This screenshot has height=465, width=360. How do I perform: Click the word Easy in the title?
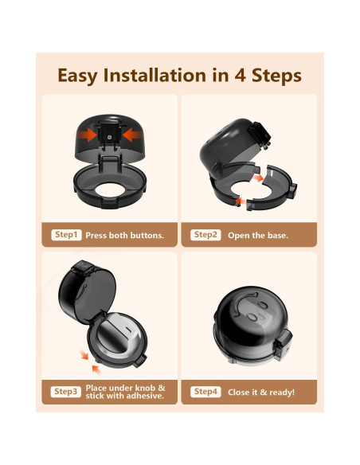pyautogui.click(x=77, y=76)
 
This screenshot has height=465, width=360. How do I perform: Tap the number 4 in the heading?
pyautogui.click(x=241, y=76)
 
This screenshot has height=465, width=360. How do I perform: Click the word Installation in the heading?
pyautogui.click(x=155, y=75)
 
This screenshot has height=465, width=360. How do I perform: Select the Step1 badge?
pyautogui.click(x=66, y=235)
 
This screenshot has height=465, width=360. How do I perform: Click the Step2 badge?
pyautogui.click(x=205, y=235)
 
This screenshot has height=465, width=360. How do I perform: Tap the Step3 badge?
pyautogui.click(x=66, y=392)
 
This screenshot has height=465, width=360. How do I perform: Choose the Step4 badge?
pyautogui.click(x=205, y=392)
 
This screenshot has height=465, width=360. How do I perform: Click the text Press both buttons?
pyautogui.click(x=124, y=235)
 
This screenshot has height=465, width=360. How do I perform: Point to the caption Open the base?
pyautogui.click(x=258, y=236)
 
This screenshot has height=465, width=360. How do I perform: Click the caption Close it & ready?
pyautogui.click(x=261, y=392)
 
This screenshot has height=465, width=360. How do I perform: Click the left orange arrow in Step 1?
pyautogui.click(x=87, y=135)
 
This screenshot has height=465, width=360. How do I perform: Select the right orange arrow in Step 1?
pyautogui.click(x=132, y=135)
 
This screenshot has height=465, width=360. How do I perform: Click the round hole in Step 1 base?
pyautogui.click(x=110, y=190)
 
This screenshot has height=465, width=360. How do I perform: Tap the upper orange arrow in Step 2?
pyautogui.click(x=258, y=178)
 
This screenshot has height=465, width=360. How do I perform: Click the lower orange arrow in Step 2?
pyautogui.click(x=241, y=201)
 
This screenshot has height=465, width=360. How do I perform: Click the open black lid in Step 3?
pyautogui.click(x=86, y=291)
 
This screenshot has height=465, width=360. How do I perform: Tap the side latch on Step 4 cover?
pyautogui.click(x=283, y=344)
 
